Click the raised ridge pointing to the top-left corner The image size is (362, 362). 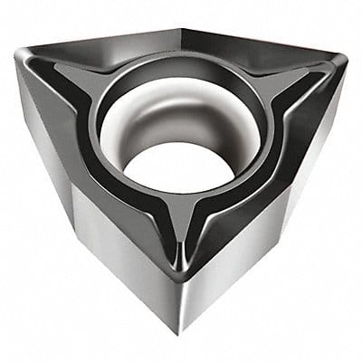click(68, 80)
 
